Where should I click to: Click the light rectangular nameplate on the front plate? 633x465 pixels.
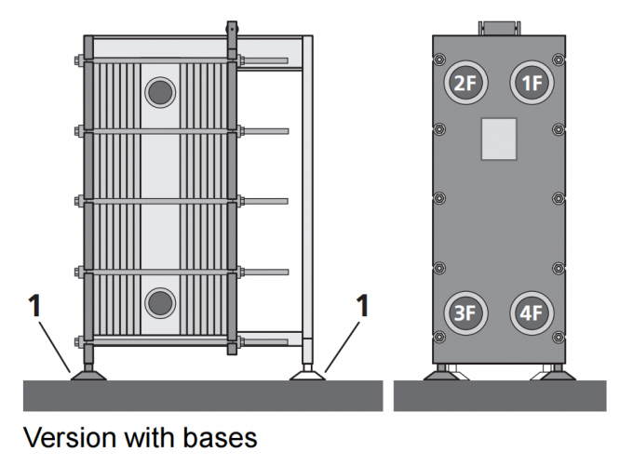498,138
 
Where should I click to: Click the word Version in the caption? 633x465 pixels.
66,436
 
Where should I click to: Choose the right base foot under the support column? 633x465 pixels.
308,374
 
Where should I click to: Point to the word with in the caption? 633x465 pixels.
144,436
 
